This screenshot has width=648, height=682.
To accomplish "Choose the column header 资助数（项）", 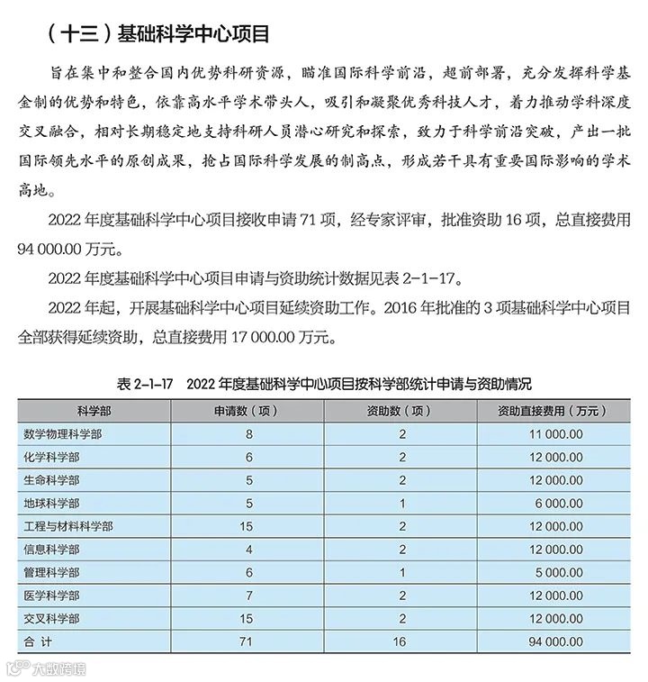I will tap(403, 411).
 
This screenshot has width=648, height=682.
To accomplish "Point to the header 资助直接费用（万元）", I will tap(549, 411).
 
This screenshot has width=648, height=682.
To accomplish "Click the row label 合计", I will tap(40, 641).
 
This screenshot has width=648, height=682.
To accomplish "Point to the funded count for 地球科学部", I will tap(403, 503).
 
